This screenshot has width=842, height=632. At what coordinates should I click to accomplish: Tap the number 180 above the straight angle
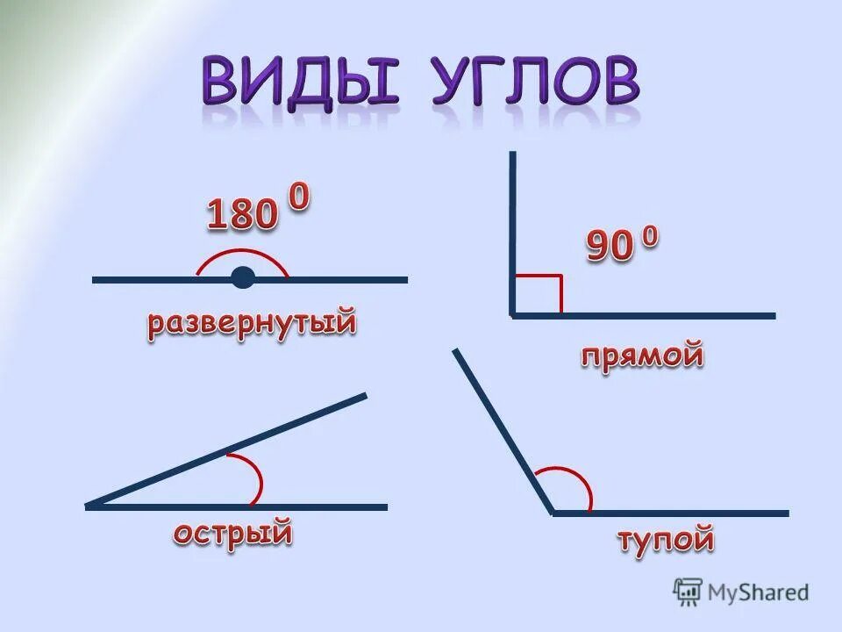(x=242, y=214)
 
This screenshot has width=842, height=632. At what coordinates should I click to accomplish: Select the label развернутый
(x=252, y=323)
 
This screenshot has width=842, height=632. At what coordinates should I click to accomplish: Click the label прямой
(x=643, y=355)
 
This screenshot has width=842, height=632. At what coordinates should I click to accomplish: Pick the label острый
(x=232, y=533)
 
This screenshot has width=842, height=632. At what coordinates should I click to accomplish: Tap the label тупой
(x=666, y=539)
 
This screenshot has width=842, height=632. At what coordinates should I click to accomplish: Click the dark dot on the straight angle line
(x=243, y=279)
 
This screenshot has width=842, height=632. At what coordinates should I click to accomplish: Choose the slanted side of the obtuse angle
(x=503, y=430)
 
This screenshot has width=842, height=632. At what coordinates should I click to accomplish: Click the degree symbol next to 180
(x=298, y=197)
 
